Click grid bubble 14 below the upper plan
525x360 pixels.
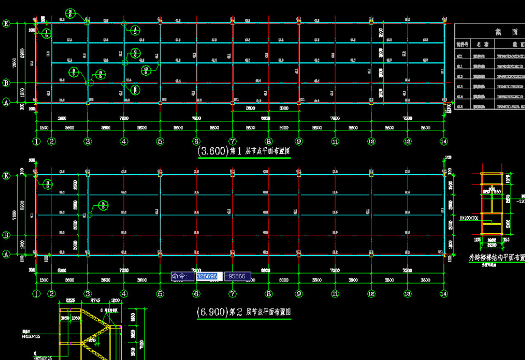click(x=443, y=142)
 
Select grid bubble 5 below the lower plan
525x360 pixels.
click(x=160, y=294)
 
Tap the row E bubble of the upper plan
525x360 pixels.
click(x=6, y=23)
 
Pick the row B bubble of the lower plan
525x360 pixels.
click(x=6, y=235)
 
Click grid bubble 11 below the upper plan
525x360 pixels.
click(x=335, y=142)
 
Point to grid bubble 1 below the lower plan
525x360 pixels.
click(x=37, y=294)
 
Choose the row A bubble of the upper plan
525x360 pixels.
click(x=6, y=102)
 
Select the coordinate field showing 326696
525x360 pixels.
click(x=208, y=276)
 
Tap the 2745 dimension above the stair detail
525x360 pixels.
click(x=96, y=301)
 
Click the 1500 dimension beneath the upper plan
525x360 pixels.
click(x=44, y=128)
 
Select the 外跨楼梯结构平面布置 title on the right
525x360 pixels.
click(x=494, y=257)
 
